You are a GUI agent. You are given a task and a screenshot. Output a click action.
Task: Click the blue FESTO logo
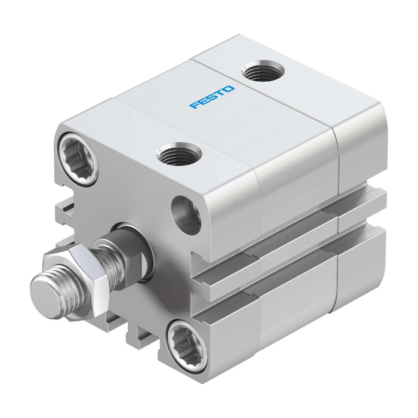tap(212, 97)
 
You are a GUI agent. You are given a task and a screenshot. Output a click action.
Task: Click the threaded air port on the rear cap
tap(263, 70)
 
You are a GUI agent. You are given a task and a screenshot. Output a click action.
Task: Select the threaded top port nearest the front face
tap(179, 153)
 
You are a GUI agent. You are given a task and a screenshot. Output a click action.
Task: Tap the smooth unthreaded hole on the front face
tap(186, 216)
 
